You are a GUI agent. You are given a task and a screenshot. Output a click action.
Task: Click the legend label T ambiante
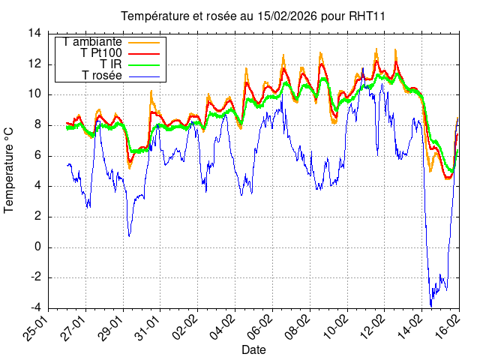point(93,41)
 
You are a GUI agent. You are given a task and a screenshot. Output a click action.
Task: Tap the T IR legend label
point(110,65)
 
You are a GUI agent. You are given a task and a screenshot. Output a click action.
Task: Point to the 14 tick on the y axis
point(35,33)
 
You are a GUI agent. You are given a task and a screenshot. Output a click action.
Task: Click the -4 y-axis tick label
point(35,308)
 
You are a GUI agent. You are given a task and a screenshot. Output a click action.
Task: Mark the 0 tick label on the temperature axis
point(38,247)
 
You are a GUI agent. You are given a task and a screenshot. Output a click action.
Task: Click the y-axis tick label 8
point(38,124)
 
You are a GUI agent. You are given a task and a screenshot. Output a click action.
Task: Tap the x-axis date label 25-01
point(37,328)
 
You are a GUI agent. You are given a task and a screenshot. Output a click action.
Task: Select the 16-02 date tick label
point(448,328)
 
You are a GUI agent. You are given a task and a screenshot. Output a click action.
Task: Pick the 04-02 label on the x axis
point(223,328)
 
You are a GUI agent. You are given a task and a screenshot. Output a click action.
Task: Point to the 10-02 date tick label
point(335,328)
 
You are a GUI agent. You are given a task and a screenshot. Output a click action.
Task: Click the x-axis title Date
point(253,349)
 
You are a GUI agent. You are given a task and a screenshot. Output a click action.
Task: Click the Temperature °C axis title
point(10,169)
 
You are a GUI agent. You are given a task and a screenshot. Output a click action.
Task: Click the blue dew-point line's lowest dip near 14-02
point(431,305)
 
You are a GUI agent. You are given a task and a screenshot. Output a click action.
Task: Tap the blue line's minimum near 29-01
point(129,236)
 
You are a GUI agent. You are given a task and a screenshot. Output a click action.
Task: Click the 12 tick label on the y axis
point(35,64)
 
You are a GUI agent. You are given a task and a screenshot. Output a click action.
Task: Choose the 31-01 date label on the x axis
point(148,328)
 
